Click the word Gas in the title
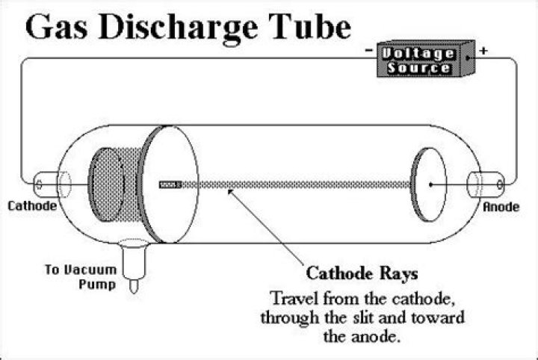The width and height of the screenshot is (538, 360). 56,27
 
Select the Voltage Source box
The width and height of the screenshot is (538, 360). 426,58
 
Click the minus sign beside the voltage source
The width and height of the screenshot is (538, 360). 369,50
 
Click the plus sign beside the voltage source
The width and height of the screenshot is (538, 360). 483,51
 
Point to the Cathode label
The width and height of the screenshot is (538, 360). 32,205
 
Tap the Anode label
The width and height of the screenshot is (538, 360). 501,207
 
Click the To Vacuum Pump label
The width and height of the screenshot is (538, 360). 81,276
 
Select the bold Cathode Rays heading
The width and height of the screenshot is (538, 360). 362,273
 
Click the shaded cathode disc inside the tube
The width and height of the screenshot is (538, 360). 105,184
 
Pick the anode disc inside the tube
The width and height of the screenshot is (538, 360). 429,184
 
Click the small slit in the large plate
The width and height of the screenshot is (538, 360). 170,184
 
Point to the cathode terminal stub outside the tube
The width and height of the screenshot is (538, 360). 46,184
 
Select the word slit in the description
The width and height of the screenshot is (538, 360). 365,318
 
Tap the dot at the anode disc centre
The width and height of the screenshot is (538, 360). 430,184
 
